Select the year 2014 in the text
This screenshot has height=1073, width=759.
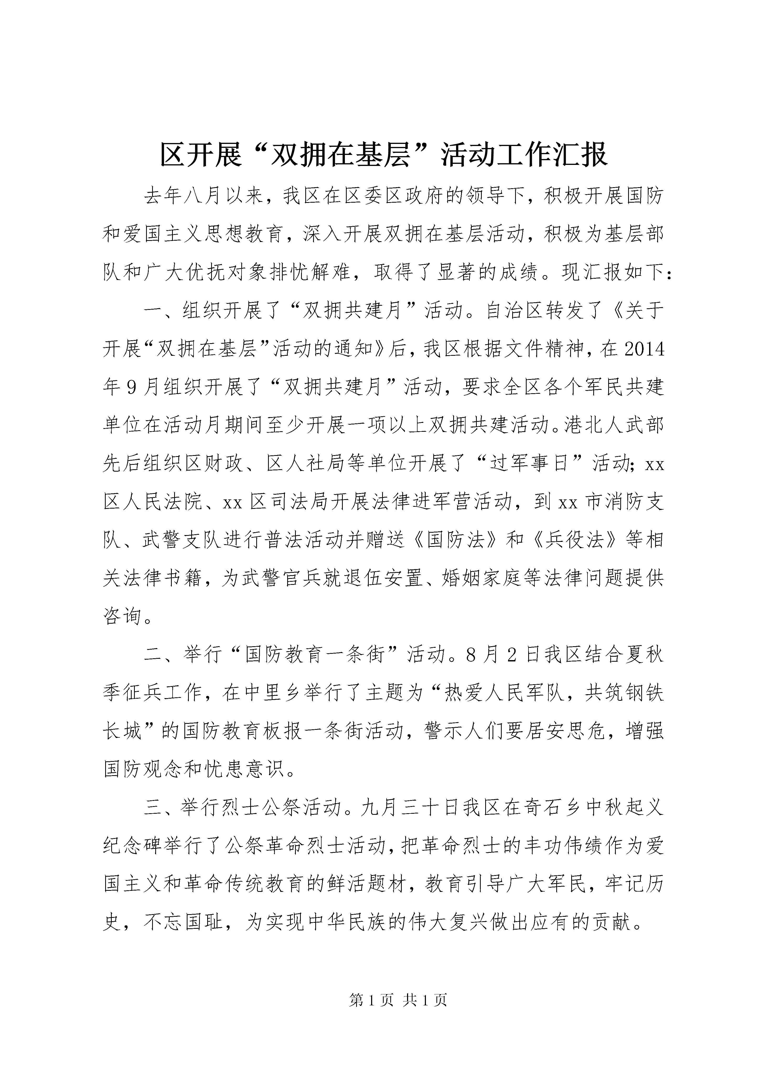pyautogui.click(x=644, y=349)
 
